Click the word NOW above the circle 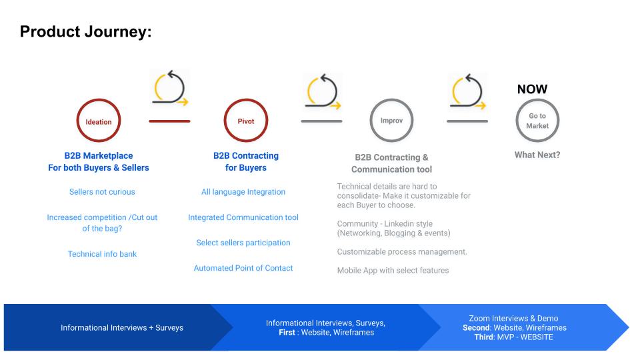tap(532, 89)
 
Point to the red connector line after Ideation tap(169, 121)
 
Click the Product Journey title tap(86, 32)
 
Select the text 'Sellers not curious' tap(102, 192)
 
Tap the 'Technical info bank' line tap(102, 254)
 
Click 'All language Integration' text tap(243, 192)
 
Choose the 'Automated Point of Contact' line tap(243, 268)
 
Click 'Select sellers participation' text tap(243, 243)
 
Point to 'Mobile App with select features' tap(393, 270)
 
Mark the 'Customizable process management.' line tap(402, 252)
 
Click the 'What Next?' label tap(537, 155)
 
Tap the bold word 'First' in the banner tap(287, 332)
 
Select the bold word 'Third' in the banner tap(484, 337)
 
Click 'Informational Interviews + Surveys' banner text tap(122, 328)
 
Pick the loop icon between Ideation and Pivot tap(170, 88)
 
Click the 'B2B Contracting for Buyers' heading tap(246, 161)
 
